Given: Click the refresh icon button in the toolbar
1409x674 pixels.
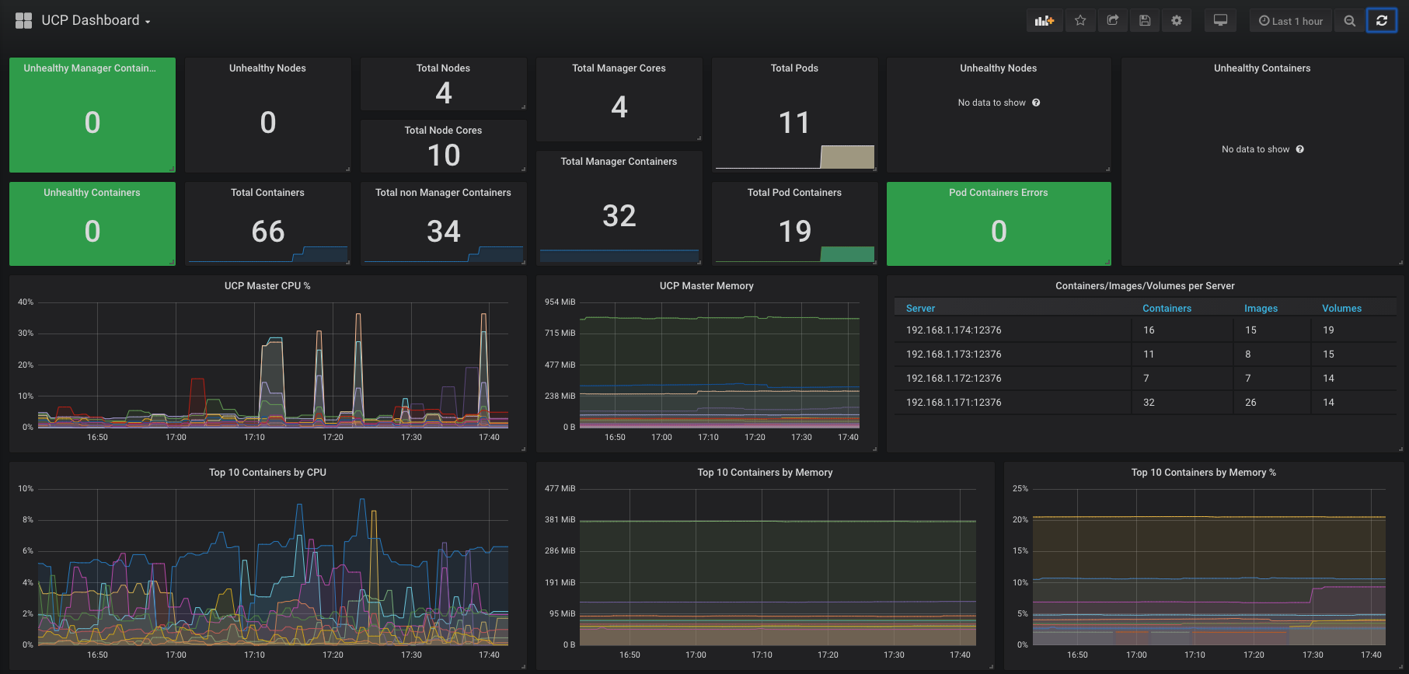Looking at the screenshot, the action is pos(1381,21).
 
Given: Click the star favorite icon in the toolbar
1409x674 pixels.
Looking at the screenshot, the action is pos(1080,21).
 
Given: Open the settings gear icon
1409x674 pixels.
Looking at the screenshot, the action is pos(1177,21).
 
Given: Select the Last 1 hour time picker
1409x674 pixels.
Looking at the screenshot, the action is pos(1291,21).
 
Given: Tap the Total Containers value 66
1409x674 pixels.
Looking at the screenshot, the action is pos(268,231).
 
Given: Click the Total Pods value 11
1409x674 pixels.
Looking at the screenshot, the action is pos(794,122).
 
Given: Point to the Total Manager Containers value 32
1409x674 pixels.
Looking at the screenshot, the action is pos(619,215).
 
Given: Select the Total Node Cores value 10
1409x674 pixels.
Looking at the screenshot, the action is pos(444,155).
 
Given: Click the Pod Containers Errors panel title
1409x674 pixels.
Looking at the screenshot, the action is pos(999,193).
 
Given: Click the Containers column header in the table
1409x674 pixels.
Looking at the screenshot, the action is pos(1167,309).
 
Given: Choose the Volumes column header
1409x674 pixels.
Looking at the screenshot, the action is pos(1341,309).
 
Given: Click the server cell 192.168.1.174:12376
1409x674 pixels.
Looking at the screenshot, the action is pos(954,330).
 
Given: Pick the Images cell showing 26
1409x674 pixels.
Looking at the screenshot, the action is pos(1250,403).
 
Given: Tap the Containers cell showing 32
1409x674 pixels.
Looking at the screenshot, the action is pos(1149,403).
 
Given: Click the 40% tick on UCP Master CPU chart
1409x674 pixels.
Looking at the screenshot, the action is pos(26,302).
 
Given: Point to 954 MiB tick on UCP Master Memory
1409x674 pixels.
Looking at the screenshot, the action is pos(560,302).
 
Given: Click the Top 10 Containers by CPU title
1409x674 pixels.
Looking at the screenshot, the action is pos(267,473).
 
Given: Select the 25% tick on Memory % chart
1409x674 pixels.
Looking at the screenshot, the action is pos(1020,488).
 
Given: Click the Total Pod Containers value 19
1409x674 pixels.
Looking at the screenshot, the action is pos(794,231).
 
